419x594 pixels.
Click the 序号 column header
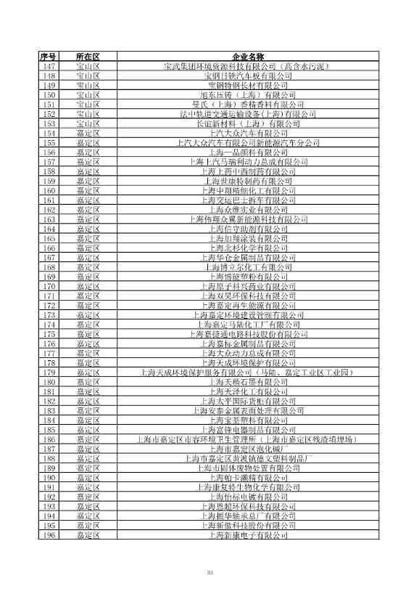49,57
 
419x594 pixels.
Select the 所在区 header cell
88,57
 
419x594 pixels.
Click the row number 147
49,66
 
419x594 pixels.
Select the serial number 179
49,373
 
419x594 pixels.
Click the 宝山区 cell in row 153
88,123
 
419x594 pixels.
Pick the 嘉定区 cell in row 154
88,133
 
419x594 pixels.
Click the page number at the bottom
209,574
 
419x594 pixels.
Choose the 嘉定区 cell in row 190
88,478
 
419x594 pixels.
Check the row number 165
49,238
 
